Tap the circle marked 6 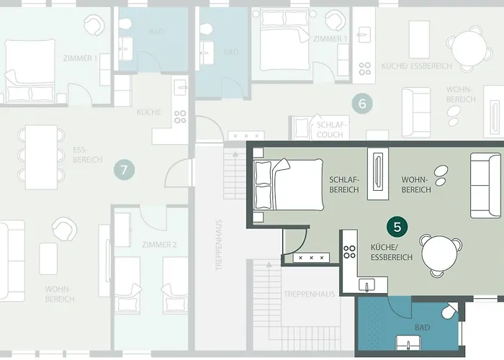click(x=362, y=103)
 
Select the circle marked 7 click(x=125, y=171)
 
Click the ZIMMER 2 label click(x=159, y=244)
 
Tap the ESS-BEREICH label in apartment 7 click(x=88, y=156)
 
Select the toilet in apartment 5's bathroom click(x=450, y=312)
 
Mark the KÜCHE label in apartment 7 click(x=148, y=113)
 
